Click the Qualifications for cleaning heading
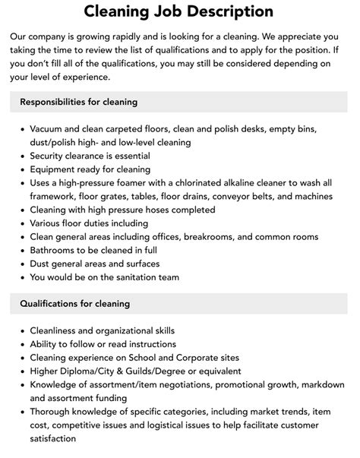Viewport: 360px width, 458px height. click(x=74, y=304)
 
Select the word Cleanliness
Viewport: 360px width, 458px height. click(x=57, y=330)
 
